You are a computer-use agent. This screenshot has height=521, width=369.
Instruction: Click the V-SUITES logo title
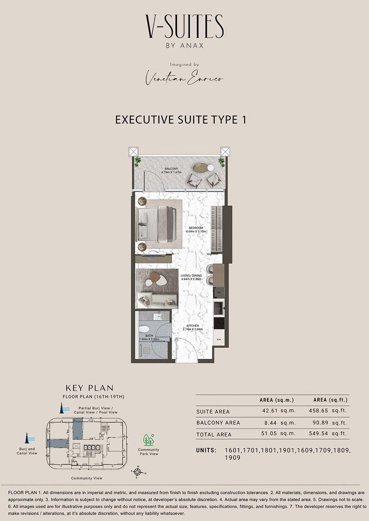click(x=184, y=26)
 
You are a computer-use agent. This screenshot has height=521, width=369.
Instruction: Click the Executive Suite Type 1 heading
click(x=181, y=120)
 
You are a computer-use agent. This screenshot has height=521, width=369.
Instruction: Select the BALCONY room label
click(x=171, y=169)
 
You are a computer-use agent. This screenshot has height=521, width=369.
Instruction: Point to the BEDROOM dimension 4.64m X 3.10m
click(x=196, y=231)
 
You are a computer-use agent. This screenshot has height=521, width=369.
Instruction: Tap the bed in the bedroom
click(x=156, y=224)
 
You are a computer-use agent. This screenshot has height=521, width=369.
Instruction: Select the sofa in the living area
click(x=157, y=300)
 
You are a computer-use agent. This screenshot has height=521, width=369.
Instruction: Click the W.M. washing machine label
click(x=219, y=339)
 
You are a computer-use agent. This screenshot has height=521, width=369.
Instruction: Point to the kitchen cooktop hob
click(x=219, y=323)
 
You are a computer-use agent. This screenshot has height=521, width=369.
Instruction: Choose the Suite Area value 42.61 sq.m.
click(x=279, y=411)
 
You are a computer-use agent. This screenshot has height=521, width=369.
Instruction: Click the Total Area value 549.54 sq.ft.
click(x=328, y=433)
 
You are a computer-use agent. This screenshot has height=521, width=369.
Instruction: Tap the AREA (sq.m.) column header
click(x=277, y=400)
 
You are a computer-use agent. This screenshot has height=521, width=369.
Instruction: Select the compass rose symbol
click(x=138, y=472)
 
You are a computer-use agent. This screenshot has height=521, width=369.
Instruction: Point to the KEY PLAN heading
click(x=90, y=388)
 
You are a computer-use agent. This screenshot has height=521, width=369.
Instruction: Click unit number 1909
click(x=232, y=457)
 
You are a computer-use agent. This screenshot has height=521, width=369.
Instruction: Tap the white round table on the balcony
click(x=211, y=168)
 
